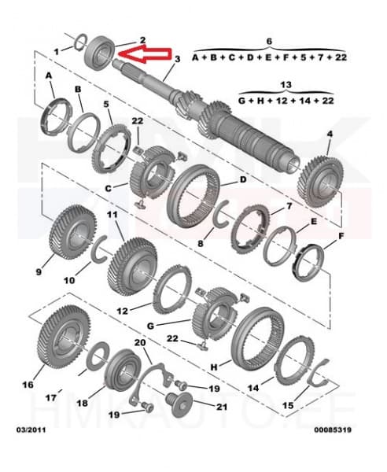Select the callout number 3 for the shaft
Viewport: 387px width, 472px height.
click(177, 59)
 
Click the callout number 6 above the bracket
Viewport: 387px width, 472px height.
click(268, 40)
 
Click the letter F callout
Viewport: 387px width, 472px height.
click(341, 235)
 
